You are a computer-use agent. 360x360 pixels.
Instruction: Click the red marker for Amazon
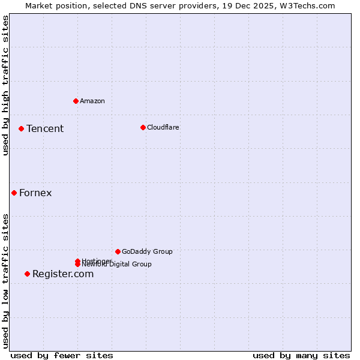76,101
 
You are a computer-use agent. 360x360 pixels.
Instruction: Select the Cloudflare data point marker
143,127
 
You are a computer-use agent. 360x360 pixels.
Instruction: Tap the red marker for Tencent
21,128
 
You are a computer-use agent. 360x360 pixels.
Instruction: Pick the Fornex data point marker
14,193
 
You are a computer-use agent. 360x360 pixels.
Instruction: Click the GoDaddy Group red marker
118,251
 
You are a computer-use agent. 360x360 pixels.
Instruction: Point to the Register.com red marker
27,274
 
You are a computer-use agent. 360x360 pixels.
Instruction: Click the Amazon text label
92,101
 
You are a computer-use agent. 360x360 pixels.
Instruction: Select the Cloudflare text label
163,127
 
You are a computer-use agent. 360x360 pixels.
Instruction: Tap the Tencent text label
45,128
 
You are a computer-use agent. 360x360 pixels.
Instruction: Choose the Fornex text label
35,193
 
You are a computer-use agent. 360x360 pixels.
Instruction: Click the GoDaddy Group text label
147,251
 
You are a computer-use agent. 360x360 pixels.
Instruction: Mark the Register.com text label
63,274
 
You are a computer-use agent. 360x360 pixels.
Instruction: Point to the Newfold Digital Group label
117,265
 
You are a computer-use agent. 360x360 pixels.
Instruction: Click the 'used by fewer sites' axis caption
62,355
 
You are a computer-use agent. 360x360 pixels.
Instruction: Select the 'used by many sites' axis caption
301,355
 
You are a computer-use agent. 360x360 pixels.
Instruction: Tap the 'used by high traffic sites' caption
5,85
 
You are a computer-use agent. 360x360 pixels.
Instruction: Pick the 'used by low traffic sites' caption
5,281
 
